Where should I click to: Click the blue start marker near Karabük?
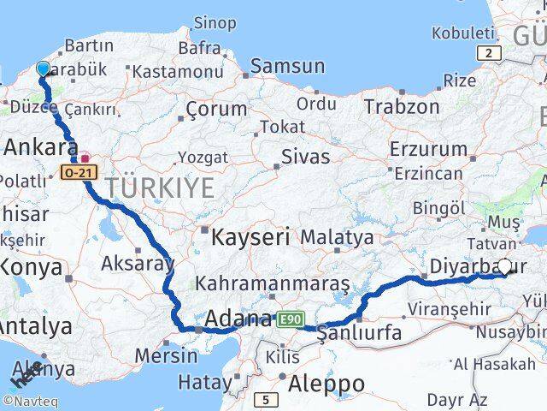coord(44,68)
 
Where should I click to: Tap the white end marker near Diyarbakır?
coord(505,267)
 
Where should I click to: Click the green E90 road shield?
coord(290,319)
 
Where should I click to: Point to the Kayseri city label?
coord(251,236)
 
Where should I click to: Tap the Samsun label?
coord(287,66)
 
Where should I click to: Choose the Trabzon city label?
coord(402,107)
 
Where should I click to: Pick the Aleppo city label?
coord(326,382)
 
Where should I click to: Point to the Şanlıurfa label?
coord(359,333)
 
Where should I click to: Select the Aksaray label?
coord(137,263)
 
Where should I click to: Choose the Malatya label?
coord(337,236)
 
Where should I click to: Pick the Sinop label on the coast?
coord(215,22)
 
